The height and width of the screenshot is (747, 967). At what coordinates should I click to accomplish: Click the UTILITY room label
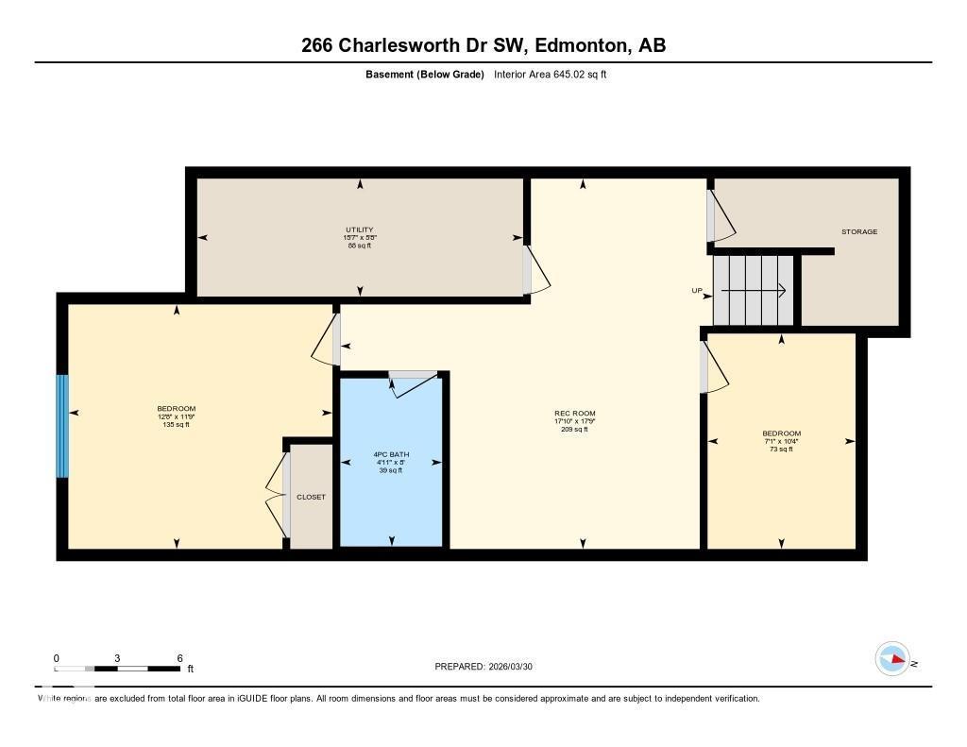point(359,229)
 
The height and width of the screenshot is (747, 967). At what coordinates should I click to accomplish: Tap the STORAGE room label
point(859,231)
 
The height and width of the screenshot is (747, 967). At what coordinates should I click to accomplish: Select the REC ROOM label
point(574,414)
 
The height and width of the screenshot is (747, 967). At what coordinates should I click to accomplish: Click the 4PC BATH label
point(391,455)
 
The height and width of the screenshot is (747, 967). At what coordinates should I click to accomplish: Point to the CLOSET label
point(311,497)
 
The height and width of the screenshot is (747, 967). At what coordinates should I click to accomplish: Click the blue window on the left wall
point(62,426)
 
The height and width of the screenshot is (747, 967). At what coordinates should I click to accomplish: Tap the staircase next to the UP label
point(754,290)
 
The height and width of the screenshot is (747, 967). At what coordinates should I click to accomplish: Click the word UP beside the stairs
point(697,291)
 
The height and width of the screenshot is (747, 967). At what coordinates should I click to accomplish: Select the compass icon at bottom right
point(892,658)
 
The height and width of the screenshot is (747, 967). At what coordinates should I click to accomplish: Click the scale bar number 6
point(179,658)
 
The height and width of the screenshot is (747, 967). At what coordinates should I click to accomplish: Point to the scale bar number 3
point(117,658)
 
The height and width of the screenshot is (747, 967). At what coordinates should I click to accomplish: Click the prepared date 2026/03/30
point(515,667)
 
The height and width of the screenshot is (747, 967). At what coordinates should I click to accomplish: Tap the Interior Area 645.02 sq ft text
point(550,75)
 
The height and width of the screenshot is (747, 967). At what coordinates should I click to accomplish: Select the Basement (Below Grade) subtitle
point(425,75)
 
